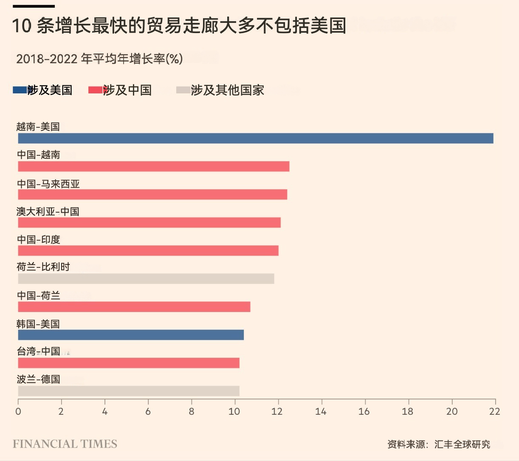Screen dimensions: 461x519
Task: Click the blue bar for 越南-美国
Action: coord(255,138)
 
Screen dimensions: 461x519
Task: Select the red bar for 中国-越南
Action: coord(153,166)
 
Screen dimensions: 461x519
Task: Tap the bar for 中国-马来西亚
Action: coord(152,194)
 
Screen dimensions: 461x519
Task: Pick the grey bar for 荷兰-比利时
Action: coord(146,278)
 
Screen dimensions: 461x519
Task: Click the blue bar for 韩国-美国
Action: coord(131,335)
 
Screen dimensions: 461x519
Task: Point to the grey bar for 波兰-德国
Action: coord(129,391)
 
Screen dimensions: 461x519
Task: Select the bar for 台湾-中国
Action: coord(129,363)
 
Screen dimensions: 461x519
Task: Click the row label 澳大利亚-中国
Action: coord(48,211)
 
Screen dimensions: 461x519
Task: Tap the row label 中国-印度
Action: coord(39,239)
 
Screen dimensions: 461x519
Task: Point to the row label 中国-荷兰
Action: coord(39,295)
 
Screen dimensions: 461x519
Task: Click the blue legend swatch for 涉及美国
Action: coord(20,90)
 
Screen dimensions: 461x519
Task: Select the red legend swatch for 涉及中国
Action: coord(96,90)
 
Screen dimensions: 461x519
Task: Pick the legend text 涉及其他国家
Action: coord(227,90)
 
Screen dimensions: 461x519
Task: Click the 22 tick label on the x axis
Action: coord(495,411)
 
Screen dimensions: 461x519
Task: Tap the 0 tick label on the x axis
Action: coord(18,411)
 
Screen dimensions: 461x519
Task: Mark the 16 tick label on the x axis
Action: coord(364,411)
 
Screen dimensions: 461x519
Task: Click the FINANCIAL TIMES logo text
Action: coord(65,444)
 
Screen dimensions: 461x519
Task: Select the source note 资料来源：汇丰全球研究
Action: coord(439,444)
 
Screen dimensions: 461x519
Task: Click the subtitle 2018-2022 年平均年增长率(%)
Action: coord(99,59)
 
